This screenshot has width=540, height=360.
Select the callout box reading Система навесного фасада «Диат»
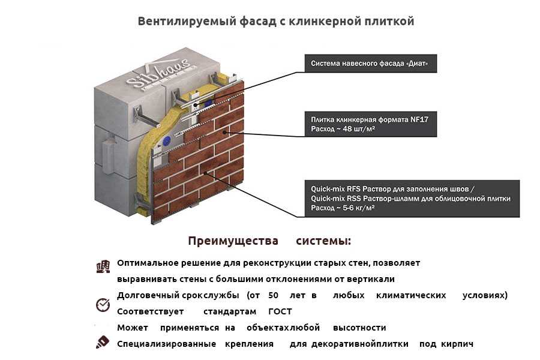click(371, 64)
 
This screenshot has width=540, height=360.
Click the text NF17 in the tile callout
click(419, 119)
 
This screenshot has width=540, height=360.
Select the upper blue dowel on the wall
click(209, 104)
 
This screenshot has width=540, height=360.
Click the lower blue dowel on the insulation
click(167, 140)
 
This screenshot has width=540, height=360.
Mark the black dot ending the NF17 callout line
click(224, 132)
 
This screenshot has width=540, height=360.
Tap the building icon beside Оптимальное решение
click(103, 266)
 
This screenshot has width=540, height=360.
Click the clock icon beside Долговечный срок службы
click(103, 305)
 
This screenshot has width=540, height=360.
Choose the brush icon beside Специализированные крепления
click(102, 342)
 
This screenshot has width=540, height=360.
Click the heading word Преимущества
click(233, 241)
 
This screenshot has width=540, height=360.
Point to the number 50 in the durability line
click(273, 295)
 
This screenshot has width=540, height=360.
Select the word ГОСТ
click(280, 311)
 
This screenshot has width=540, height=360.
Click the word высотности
click(359, 328)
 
